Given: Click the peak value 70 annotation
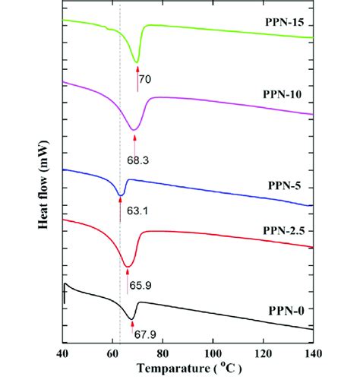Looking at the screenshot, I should coord(146,77).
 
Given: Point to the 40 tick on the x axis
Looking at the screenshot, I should coord(63,353).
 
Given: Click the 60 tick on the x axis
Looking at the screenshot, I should coord(113,353).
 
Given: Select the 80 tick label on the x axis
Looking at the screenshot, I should coord(163,353).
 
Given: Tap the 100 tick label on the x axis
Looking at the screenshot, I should coord(213,353).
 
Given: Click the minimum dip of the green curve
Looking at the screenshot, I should coord(137,62).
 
